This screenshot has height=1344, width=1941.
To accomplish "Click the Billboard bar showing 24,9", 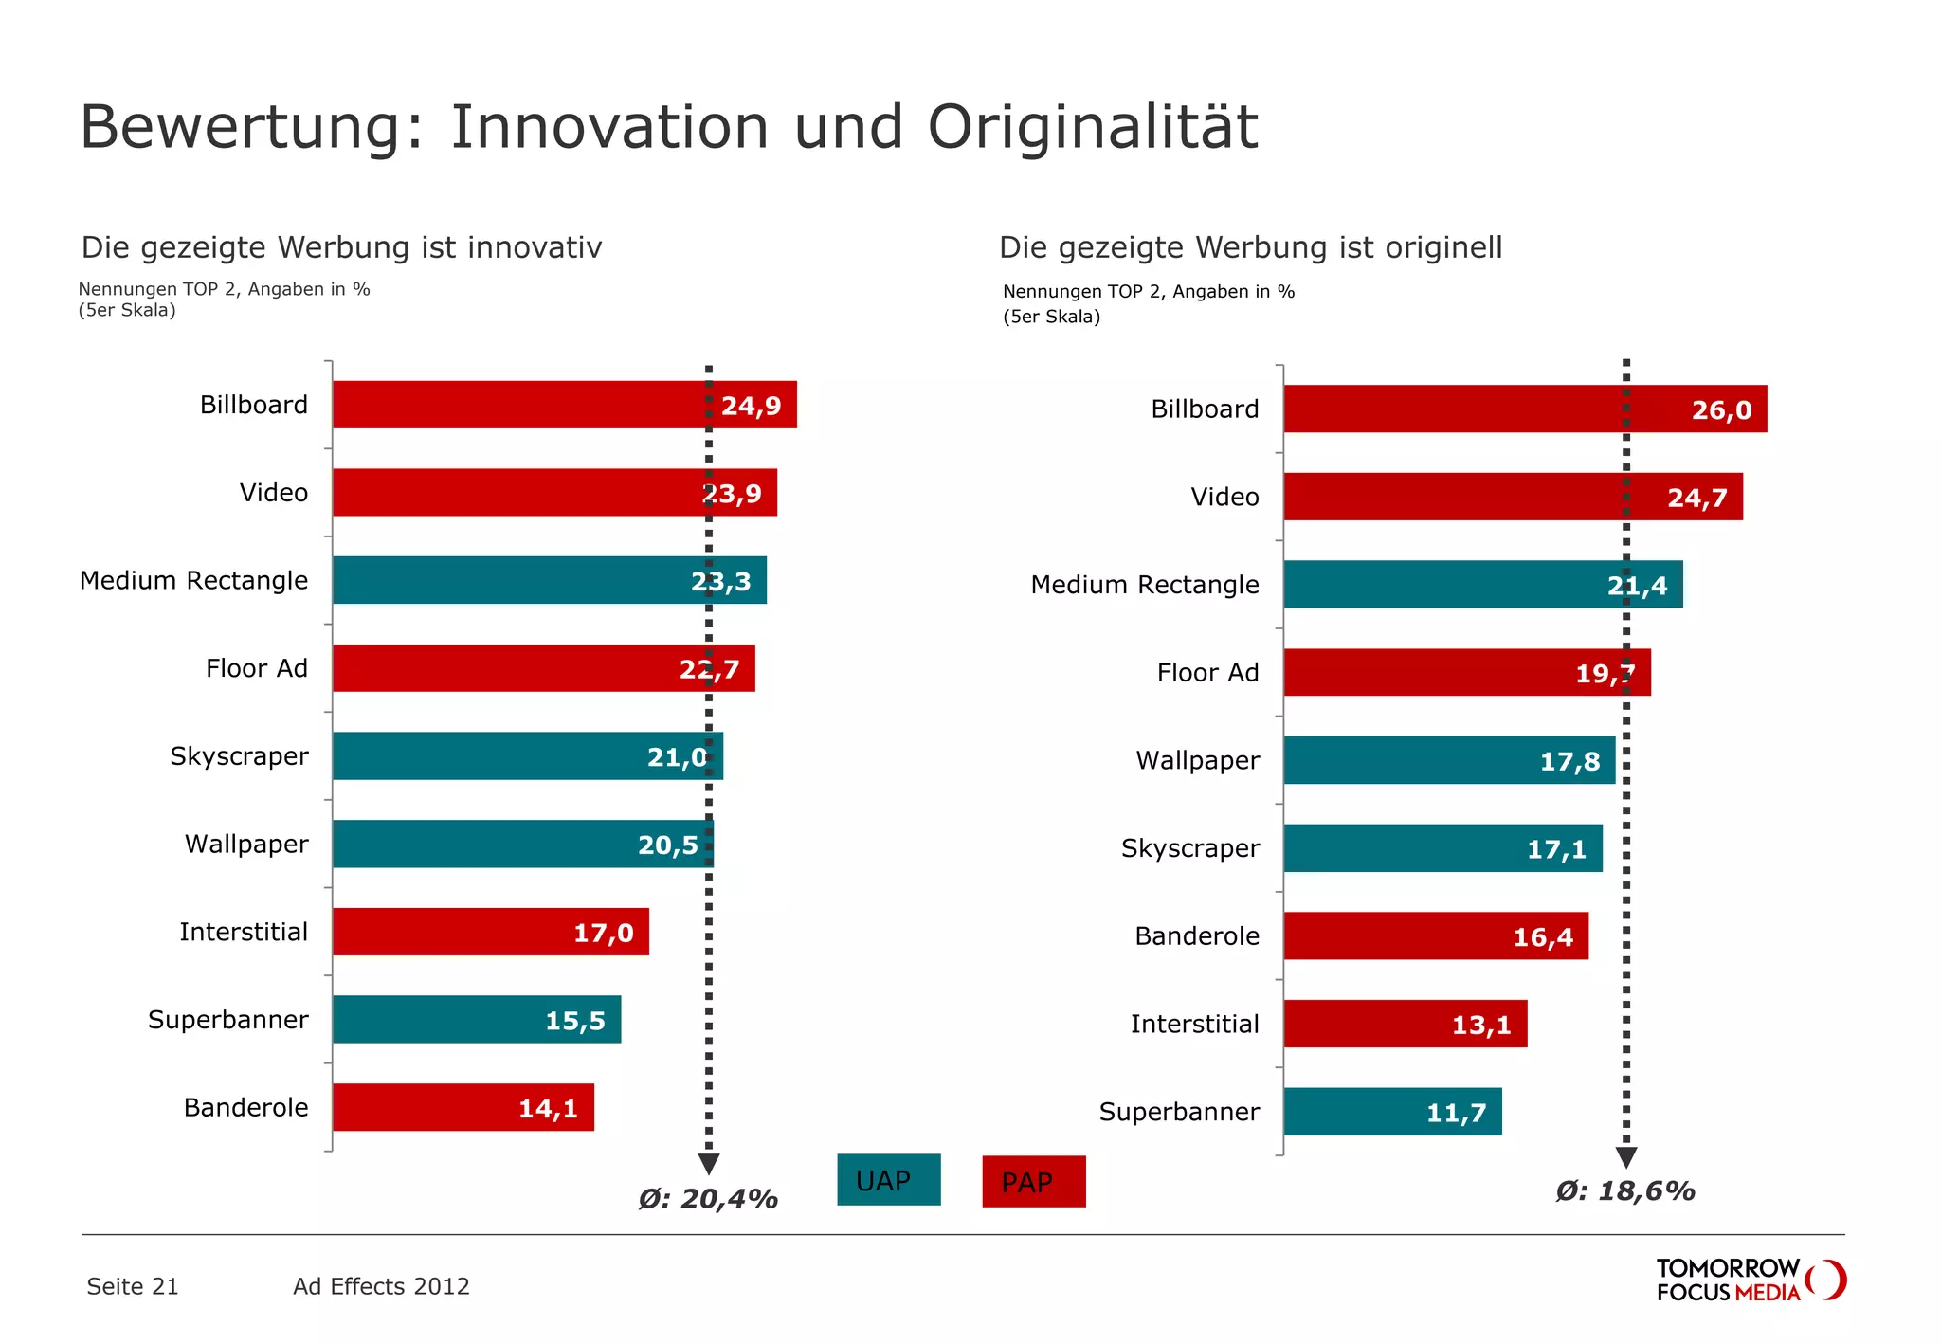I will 564,405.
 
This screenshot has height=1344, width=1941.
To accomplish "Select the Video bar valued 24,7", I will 1513,497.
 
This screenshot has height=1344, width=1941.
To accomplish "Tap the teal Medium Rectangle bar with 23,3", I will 549,580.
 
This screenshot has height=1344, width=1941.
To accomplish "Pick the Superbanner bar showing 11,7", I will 1392,1112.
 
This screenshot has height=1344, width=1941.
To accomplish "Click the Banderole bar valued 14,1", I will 463,1107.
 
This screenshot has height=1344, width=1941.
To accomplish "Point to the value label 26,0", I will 1721,410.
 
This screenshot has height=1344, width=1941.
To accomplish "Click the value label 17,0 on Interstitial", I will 603,934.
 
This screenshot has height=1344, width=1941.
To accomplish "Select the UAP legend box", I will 888,1180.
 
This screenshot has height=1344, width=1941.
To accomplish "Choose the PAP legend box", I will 1033,1182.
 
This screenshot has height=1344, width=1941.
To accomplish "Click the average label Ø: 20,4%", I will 708,1199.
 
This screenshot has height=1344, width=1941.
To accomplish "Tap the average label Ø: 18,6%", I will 1624,1191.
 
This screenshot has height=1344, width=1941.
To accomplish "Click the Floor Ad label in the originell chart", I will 1207,673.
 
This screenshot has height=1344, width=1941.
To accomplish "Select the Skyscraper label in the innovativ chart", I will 239,756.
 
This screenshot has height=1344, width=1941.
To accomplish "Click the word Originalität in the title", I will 1093,127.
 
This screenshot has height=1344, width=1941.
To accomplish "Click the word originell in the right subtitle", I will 1443,247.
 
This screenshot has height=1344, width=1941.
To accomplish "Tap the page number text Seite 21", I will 133,1286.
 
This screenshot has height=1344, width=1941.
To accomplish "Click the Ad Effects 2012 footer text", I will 381,1286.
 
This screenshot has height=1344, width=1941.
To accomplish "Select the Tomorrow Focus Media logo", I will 1751,1280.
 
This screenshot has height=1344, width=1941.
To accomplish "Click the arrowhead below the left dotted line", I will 708,1164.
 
